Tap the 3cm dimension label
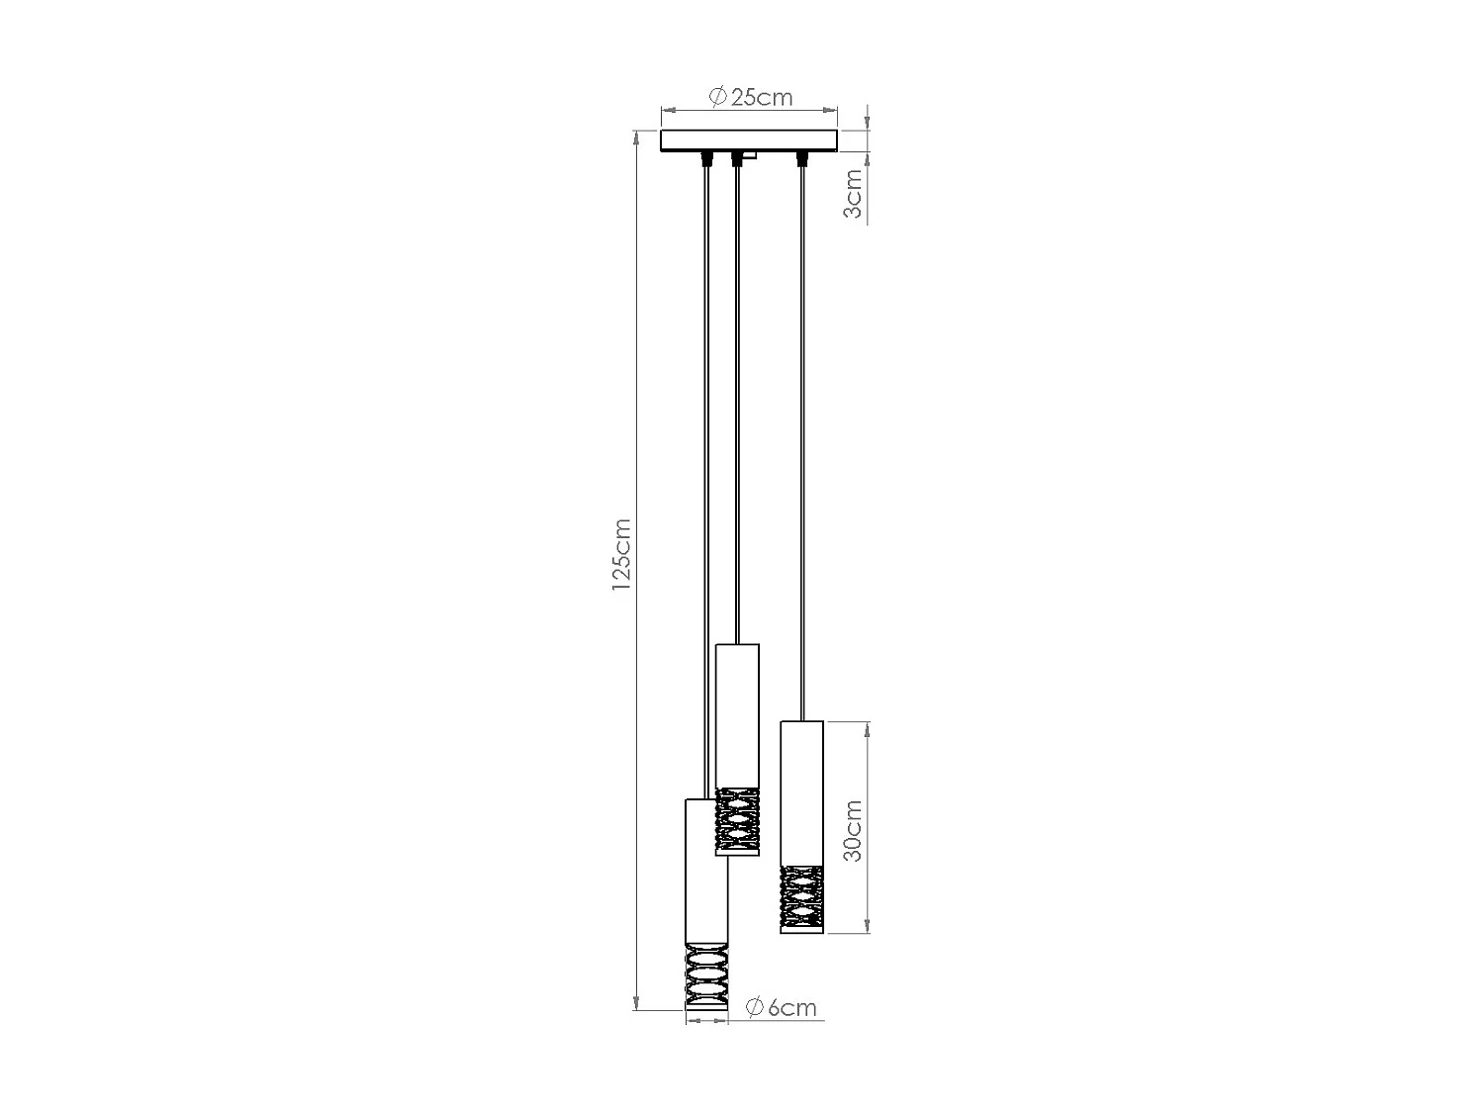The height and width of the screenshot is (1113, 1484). tap(853, 194)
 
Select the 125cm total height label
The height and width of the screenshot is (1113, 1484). tap(621, 555)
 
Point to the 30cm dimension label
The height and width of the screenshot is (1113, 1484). tap(853, 830)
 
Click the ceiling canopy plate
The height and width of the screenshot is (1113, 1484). tap(749, 140)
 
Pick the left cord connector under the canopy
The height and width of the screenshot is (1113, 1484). tap(704, 158)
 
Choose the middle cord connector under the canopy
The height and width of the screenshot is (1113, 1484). tap(736, 159)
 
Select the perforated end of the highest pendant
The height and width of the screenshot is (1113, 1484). tap(737, 821)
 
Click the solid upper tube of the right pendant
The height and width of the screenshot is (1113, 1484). tap(801, 791)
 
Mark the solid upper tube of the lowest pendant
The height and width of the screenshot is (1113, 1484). tap(706, 871)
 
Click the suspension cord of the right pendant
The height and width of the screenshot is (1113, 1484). tap(801, 445)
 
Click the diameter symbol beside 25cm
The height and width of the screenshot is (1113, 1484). tap(719, 97)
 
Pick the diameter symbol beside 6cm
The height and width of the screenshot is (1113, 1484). tap(754, 1007)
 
